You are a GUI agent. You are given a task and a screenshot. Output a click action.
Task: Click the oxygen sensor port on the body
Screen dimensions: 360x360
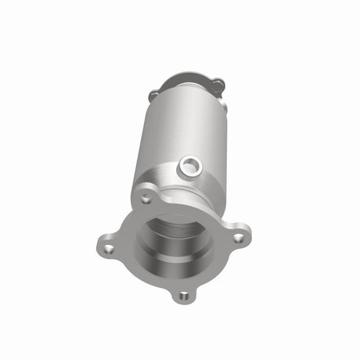click(x=189, y=165)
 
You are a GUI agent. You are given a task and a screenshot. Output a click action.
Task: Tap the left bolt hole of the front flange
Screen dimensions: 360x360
click(x=108, y=249)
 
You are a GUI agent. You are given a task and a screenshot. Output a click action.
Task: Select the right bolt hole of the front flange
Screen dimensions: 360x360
click(x=239, y=233)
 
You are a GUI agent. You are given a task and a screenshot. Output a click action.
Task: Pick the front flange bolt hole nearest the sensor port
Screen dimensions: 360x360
click(x=145, y=199)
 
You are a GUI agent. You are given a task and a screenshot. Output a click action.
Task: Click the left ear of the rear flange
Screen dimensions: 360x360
click(x=153, y=95)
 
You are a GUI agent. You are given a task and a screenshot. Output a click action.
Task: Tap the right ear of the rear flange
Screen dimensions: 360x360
click(x=218, y=83)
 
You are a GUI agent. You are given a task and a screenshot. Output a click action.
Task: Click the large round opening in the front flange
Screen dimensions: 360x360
click(x=174, y=243)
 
